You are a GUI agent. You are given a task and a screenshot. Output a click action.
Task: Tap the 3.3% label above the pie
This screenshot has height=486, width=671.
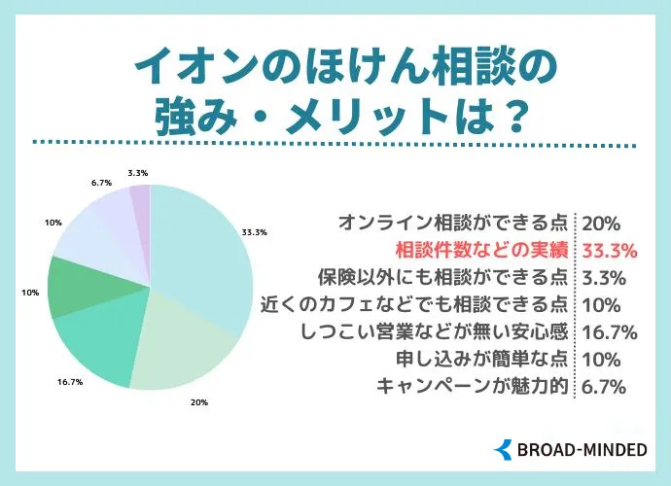click(137, 173)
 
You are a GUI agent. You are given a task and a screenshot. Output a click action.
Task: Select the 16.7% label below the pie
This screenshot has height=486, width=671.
click(71, 383)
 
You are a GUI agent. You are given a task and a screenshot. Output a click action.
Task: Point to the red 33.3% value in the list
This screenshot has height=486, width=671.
click(609, 250)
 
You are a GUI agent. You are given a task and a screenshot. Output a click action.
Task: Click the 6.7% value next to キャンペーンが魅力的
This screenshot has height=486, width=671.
click(603, 386)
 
